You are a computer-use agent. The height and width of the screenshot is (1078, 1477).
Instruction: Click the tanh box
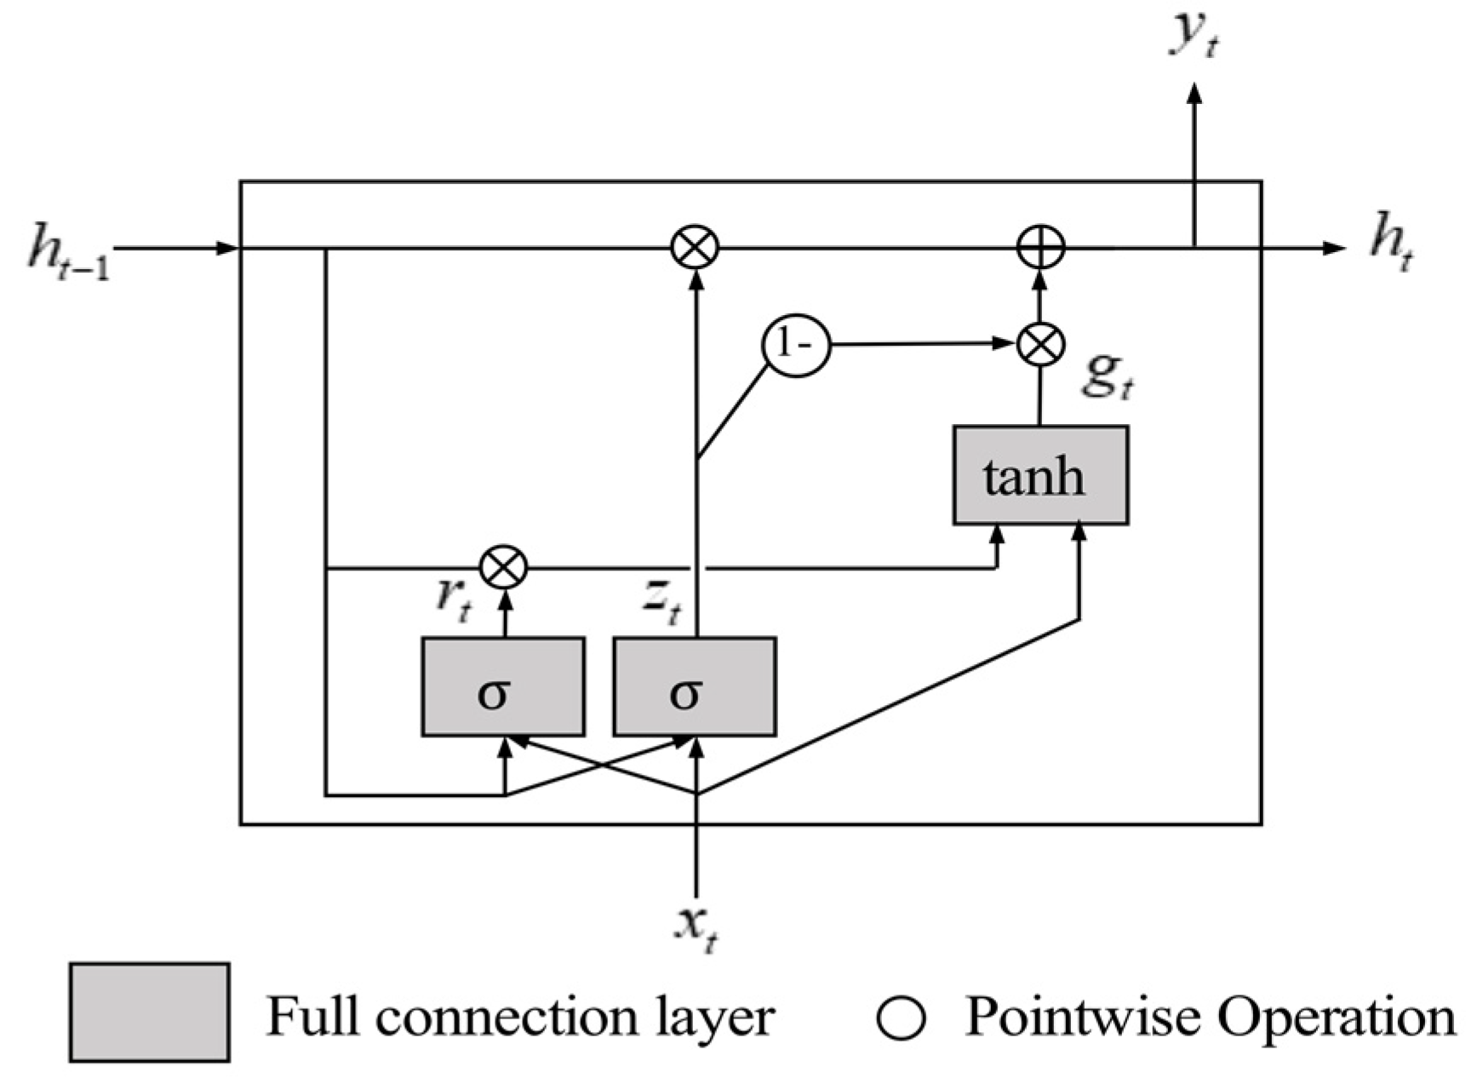[1040, 475]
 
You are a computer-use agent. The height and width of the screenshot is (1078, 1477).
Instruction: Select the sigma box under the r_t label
[503, 686]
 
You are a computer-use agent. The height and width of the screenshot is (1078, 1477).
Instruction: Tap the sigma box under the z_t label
[695, 686]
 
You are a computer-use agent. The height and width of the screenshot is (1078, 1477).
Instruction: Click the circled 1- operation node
[795, 346]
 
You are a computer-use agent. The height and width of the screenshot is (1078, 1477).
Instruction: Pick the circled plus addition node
[1041, 248]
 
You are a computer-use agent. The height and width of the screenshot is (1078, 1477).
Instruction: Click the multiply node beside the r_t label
[504, 567]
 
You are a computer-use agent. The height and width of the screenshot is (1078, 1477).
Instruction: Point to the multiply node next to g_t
[1041, 345]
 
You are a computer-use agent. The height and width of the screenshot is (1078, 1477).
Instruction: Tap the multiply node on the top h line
[695, 248]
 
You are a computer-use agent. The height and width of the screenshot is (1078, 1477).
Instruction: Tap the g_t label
[1107, 375]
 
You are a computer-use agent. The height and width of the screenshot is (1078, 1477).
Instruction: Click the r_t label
[452, 599]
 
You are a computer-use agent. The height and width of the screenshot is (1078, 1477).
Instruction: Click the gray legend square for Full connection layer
[149, 1012]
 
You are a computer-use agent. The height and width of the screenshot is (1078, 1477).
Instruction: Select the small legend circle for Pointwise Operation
[902, 1018]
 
